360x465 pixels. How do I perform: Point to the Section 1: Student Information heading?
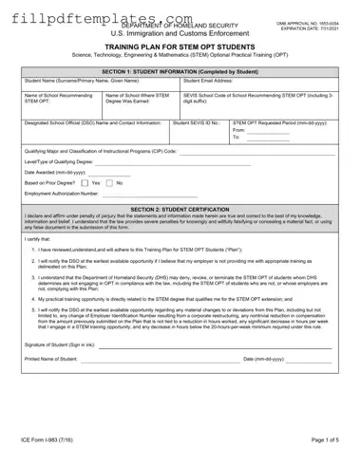pos(180,72)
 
